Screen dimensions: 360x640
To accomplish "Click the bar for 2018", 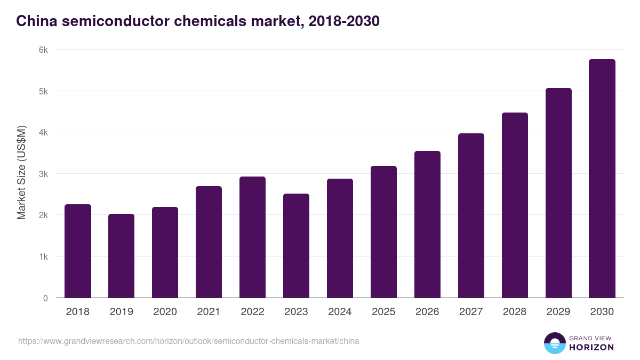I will coord(78,251).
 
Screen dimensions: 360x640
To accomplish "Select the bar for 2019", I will coord(122,256).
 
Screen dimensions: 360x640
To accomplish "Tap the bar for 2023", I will coord(296,246).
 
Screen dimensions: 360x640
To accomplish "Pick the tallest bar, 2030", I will coord(602,179).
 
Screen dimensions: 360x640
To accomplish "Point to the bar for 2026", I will coord(427,225).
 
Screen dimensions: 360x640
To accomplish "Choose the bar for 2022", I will coord(252,237).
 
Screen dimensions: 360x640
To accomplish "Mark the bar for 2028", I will coord(515,205).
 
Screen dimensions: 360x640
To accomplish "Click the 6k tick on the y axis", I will coord(43,50).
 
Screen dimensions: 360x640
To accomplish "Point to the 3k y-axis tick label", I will coord(43,174).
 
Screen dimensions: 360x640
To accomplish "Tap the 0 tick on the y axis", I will coord(45,298).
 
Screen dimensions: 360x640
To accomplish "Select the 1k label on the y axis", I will coord(43,257).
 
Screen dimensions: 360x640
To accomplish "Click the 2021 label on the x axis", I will coord(209,312).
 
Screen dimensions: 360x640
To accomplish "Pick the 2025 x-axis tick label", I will coord(383,312).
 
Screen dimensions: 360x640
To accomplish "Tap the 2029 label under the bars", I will coord(558,312).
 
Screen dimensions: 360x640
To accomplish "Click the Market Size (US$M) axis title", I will coord(21,173).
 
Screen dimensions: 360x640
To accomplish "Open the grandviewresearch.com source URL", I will coord(188,341).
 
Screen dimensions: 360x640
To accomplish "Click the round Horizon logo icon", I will coord(555,343).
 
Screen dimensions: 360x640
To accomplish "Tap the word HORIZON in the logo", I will coord(591,347).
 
